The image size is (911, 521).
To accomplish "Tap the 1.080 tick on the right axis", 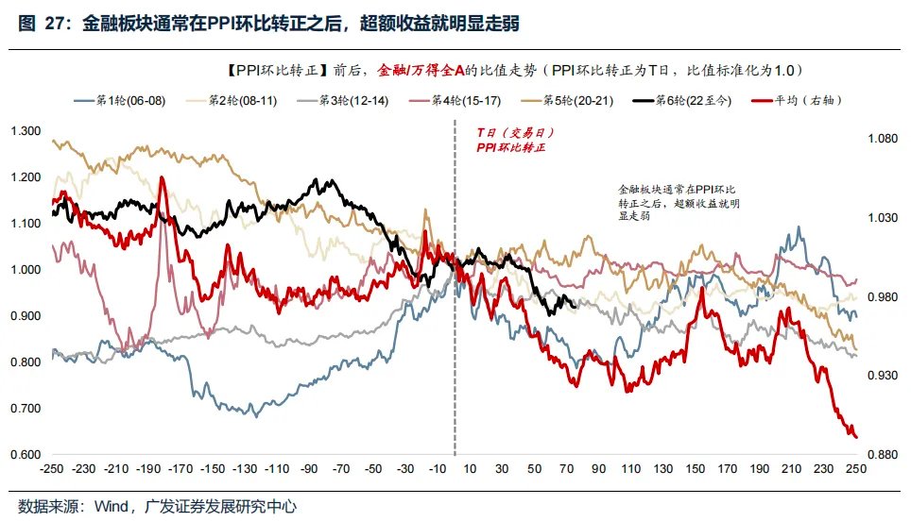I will pyautogui.click(x=882, y=139).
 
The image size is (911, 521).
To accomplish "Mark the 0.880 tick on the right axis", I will pyautogui.click(x=882, y=455).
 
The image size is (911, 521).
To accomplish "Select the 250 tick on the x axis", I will pyautogui.click(x=856, y=469).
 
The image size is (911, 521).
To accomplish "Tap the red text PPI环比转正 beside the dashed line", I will pyautogui.click(x=510, y=148).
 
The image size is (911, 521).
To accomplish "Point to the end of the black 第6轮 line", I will pyautogui.click(x=576, y=303).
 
